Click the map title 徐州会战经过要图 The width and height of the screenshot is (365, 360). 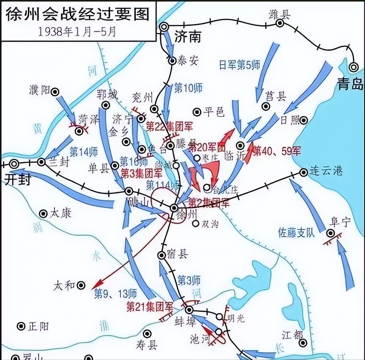coord(78,15)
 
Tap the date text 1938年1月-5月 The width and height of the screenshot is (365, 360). coord(77,31)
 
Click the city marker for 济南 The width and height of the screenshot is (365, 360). coord(164,26)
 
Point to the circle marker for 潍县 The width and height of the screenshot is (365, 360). coord(280,23)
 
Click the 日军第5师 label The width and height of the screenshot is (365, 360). coord(239,65)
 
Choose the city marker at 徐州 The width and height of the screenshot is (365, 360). coord(174,208)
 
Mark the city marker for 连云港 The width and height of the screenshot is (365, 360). coord(304,172)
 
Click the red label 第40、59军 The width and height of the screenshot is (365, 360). coord(276,151)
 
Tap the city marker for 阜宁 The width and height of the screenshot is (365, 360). coord(331,233)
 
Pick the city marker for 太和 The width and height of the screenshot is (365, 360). coord(81,285)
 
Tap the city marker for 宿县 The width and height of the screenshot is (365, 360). coord(162,255)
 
